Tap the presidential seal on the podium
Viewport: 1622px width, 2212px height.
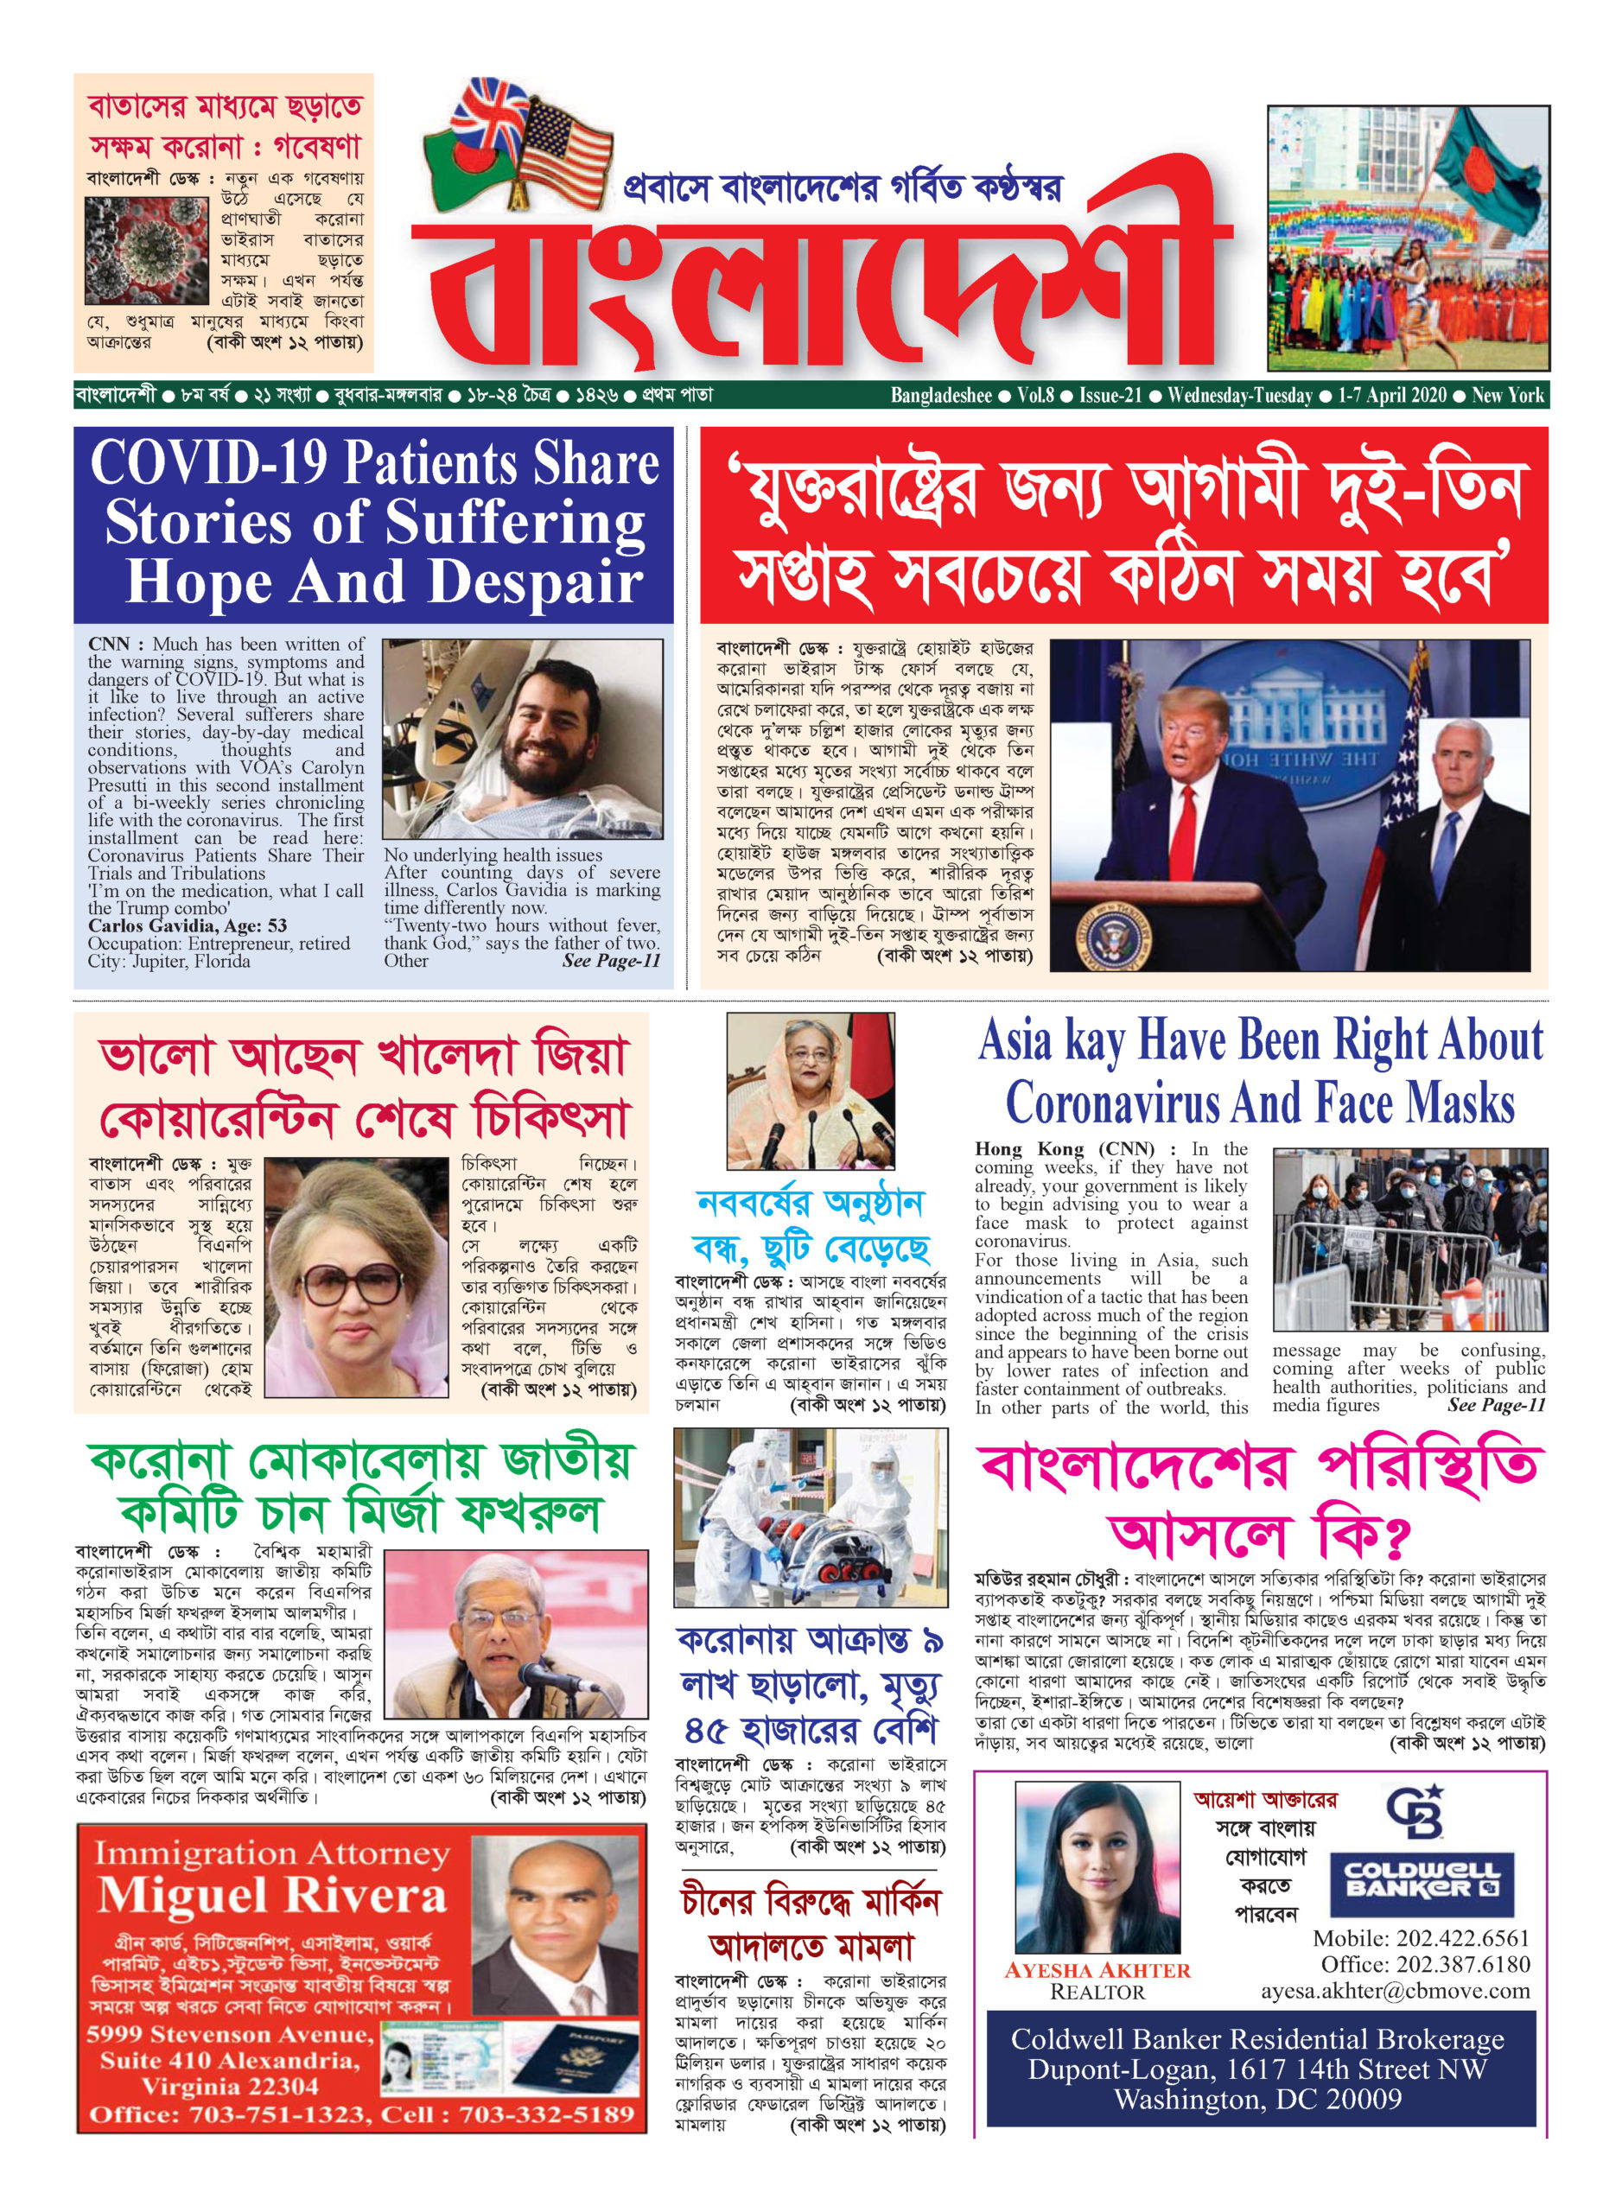[1116, 930]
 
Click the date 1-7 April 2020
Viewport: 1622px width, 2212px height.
[1392, 396]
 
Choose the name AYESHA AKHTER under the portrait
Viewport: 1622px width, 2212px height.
[1097, 1969]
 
